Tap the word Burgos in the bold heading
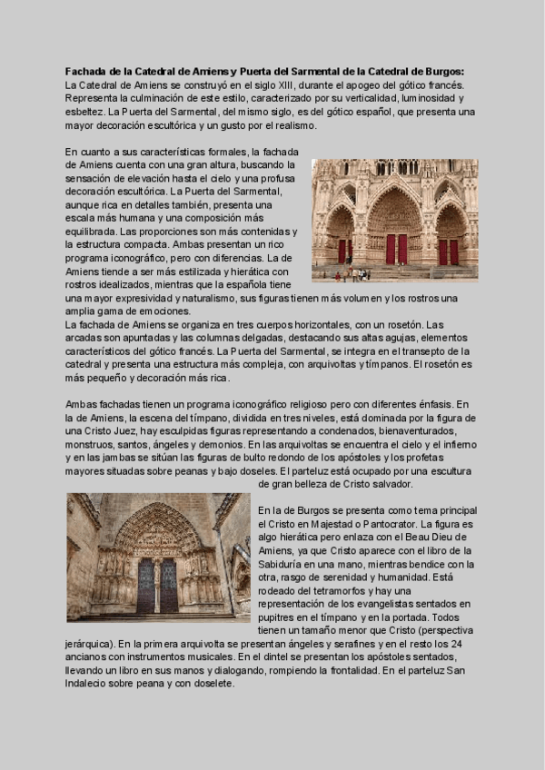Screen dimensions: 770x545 (x=441, y=71)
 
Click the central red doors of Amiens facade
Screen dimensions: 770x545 (x=395, y=248)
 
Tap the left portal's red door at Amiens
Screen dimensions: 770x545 (x=343, y=251)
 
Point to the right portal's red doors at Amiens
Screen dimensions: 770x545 (x=448, y=252)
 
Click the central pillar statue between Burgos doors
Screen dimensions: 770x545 (x=157, y=581)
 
